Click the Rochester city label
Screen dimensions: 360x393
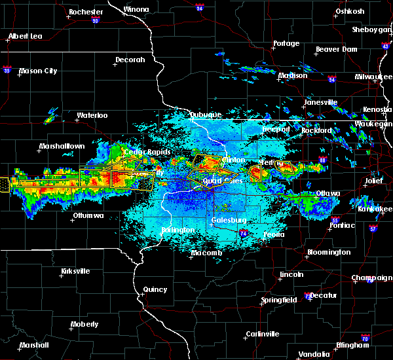point(86,12)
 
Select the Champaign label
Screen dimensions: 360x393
point(371,278)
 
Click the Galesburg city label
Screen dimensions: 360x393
point(229,220)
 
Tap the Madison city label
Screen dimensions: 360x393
point(292,76)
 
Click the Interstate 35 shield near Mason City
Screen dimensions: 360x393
point(7,68)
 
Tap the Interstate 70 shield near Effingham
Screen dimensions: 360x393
point(365,344)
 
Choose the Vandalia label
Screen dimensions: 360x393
point(314,354)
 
